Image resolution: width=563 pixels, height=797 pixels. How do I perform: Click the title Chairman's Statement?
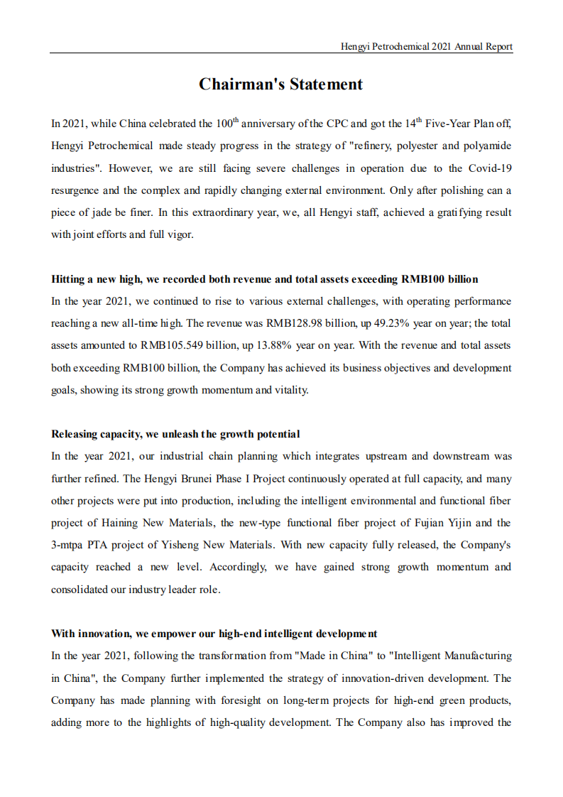tap(280, 85)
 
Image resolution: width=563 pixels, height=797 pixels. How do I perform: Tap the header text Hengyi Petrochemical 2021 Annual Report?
tap(427, 46)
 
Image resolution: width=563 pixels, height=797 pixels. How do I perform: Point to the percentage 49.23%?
tap(385, 323)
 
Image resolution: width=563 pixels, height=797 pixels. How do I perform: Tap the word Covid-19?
tap(490, 168)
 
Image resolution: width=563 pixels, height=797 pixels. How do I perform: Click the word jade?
tap(90, 212)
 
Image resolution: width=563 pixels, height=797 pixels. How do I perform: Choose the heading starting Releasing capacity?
tap(175, 434)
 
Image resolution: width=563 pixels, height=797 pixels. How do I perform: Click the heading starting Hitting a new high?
tap(264, 278)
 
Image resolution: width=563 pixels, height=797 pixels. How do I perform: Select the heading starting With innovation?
tap(214, 633)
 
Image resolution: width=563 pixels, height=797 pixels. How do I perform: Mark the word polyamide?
tap(489, 146)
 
